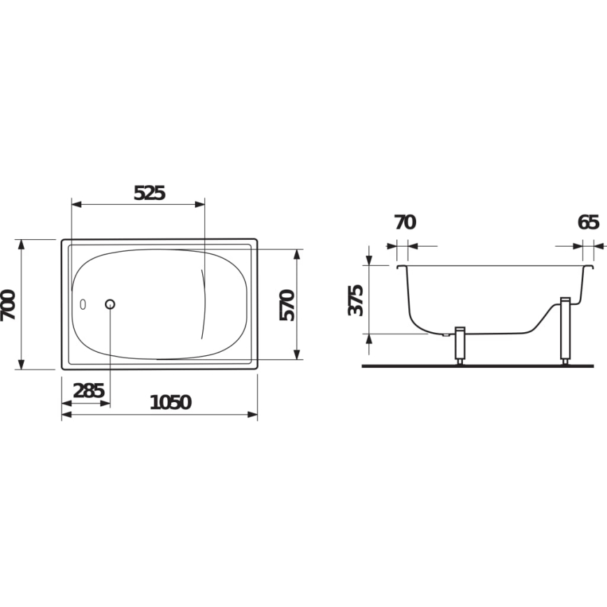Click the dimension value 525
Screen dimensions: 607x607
(150, 193)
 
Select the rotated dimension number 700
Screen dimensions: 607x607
(9, 305)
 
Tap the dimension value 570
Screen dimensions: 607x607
(287, 304)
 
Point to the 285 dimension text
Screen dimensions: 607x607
(89, 391)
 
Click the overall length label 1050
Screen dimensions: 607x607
(170, 402)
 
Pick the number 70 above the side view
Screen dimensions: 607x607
(404, 222)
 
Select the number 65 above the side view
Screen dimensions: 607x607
(588, 222)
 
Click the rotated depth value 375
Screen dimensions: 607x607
(356, 300)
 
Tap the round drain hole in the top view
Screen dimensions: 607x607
(110, 304)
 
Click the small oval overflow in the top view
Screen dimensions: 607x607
(84, 305)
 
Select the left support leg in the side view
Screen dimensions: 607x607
(460, 344)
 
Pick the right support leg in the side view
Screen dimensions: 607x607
(566, 331)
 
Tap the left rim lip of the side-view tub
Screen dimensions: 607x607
(400, 267)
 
